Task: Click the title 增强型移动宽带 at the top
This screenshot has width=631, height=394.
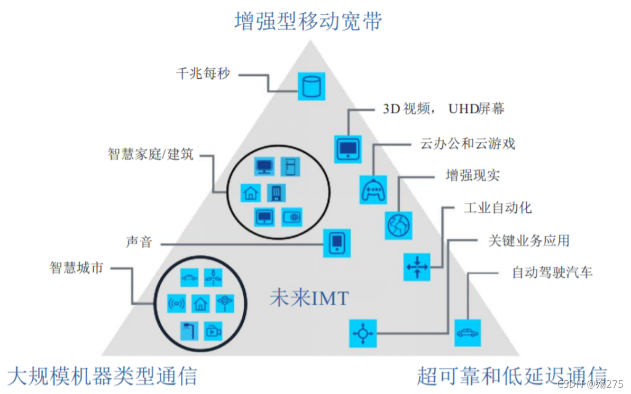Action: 308,22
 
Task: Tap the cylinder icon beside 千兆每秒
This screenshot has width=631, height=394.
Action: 311,87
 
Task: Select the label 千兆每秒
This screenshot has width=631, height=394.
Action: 203,73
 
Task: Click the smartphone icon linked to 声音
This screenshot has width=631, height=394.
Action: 337,243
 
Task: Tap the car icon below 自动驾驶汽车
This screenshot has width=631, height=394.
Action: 468,333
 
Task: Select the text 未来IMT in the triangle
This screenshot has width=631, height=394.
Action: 309,299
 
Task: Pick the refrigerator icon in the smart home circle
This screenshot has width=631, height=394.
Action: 290,167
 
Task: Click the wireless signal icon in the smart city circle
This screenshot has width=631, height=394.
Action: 177,304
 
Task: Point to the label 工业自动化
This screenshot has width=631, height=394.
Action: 498,207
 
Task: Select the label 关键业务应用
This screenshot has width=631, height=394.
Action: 529,241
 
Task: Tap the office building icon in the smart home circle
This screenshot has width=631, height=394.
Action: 276,192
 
